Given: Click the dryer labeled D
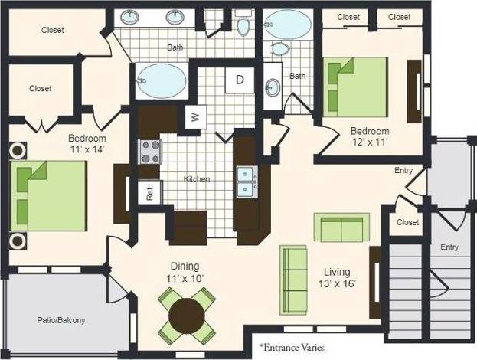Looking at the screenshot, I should point(239,80).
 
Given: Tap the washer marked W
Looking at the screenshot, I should point(195,117).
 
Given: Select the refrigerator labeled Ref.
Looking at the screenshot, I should point(150,191).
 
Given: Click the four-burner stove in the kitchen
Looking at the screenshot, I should point(150,152).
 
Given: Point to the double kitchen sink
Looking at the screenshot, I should point(247,181).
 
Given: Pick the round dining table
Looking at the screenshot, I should point(188,314).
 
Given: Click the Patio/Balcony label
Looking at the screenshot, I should point(60,320).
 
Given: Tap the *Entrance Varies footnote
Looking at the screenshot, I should point(292,347).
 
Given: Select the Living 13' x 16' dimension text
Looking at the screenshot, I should point(337,278).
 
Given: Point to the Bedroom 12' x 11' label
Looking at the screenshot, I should point(370,137).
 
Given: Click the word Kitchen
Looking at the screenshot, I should point(197,179).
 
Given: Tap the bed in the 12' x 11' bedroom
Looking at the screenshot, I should point(355,87).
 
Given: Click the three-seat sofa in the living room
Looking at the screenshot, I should point(293,278).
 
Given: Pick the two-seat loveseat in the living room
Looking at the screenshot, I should point(341,227).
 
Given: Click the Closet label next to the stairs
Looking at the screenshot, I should point(408,222).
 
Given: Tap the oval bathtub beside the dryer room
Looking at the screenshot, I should point(162,79).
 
